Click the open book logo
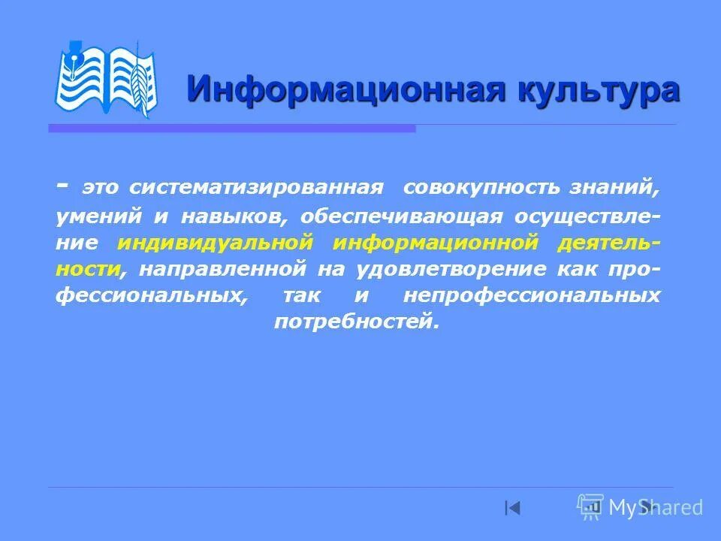point(106,79)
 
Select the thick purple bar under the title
point(232,128)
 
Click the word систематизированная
point(255,187)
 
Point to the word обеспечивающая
point(401,216)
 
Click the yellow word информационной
point(436,243)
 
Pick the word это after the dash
point(100,187)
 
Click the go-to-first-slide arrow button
point(512,508)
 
